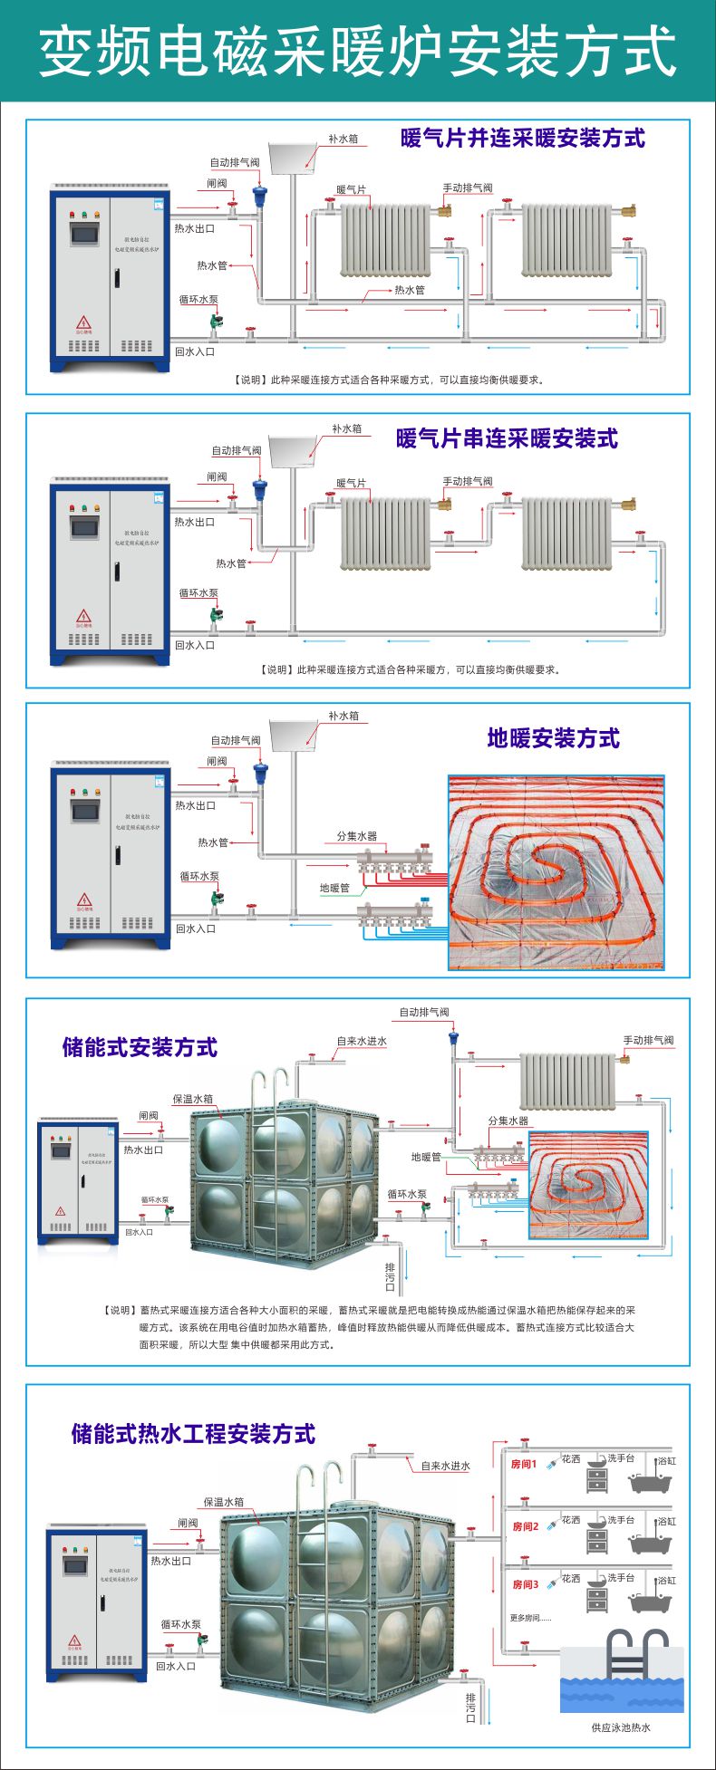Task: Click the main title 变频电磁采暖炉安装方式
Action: (x=358, y=51)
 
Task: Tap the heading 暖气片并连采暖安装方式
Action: (x=523, y=139)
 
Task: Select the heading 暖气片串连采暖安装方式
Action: (x=507, y=438)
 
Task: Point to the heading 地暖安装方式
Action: (x=553, y=738)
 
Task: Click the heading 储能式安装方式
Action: (x=140, y=1047)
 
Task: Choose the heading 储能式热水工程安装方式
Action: (x=193, y=1434)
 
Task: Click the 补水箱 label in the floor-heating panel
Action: (x=343, y=716)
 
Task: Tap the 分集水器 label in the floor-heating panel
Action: (x=356, y=836)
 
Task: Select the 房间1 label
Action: (x=524, y=1464)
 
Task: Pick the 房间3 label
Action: (x=525, y=1584)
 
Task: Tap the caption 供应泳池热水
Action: (x=621, y=1727)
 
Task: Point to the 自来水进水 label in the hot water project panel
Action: (x=446, y=1466)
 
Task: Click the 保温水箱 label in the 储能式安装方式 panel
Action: (x=193, y=1099)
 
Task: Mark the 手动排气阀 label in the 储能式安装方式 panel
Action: (x=648, y=1041)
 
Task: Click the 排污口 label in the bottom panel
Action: (x=470, y=1707)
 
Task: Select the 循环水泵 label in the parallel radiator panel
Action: (x=198, y=300)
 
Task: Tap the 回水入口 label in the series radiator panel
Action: (x=195, y=645)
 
